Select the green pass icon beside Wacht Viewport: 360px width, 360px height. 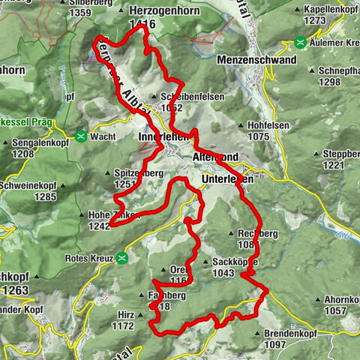80,136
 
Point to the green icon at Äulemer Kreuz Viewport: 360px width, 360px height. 300,43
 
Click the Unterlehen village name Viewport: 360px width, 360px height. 228,180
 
